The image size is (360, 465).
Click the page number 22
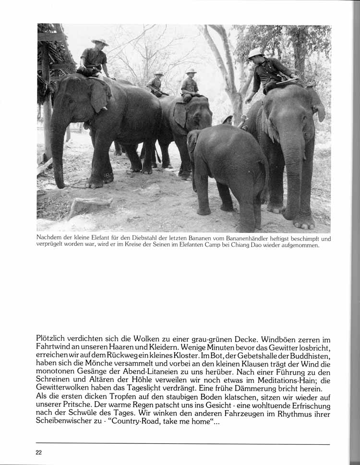click(39, 452)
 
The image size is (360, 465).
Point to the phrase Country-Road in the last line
click(152, 420)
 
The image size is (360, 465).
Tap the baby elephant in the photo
click(226, 168)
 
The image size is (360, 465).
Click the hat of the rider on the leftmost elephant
click(100, 42)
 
